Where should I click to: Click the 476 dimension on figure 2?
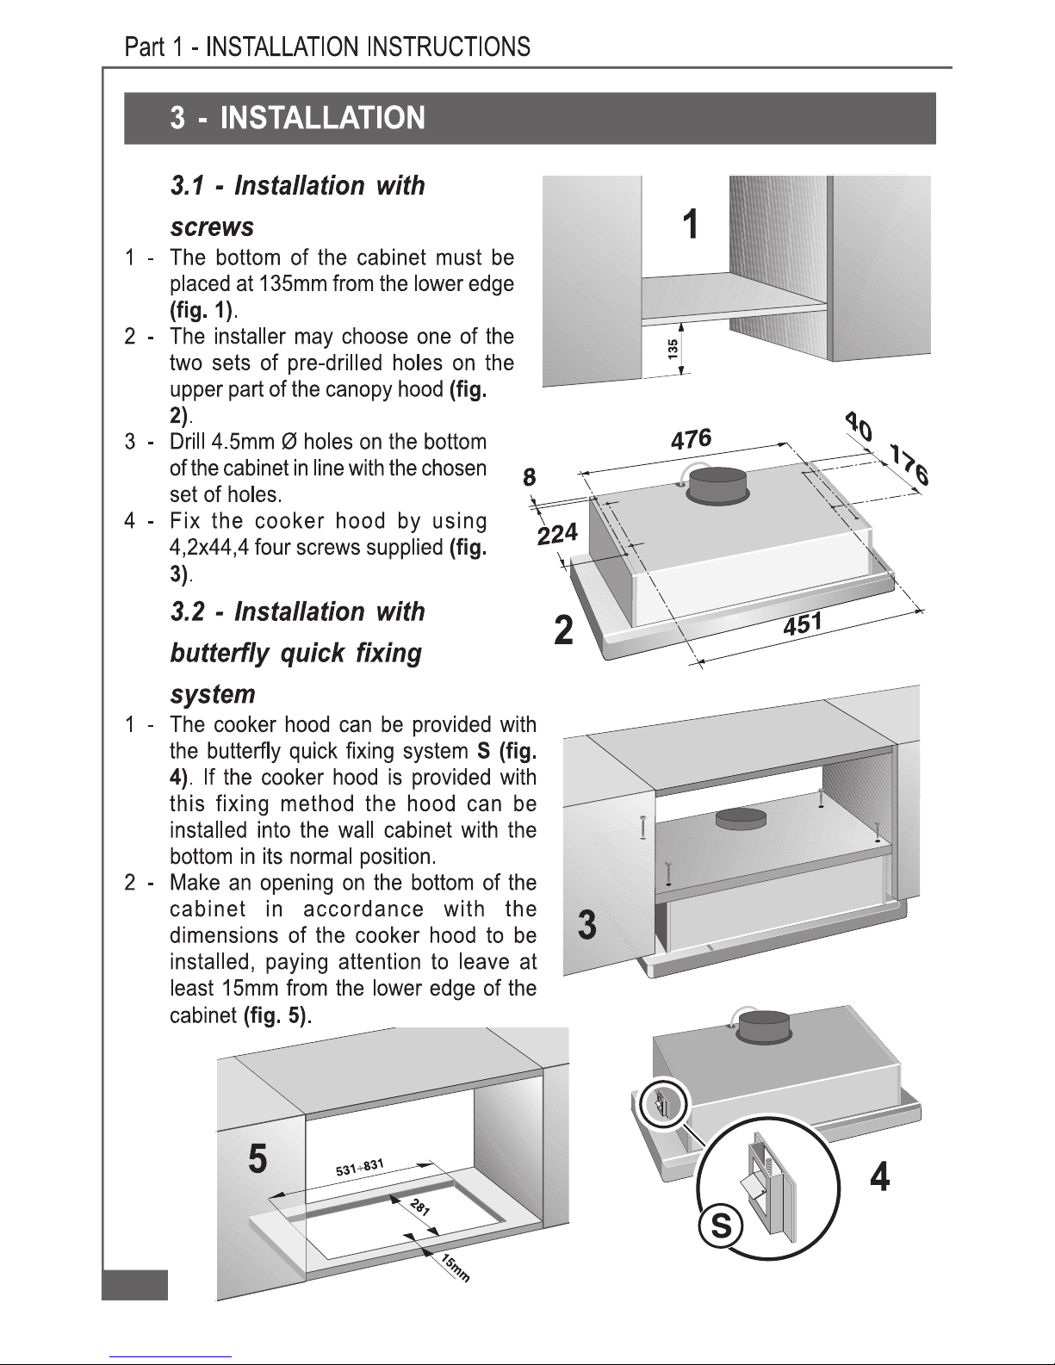pos(691,438)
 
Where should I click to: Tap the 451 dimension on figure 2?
pos(803,624)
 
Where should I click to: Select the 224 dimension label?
pos(558,534)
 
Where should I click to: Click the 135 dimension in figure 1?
pos(673,350)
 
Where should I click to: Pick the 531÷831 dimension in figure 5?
pos(359,1167)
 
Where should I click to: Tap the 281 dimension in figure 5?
pos(420,1206)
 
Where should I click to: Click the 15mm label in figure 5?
pos(455,1268)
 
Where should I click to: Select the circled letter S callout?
pos(720,1225)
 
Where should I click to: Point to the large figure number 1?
pos(691,224)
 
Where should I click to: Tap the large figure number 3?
pos(586,925)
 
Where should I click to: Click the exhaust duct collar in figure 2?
pos(718,484)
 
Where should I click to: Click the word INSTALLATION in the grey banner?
pos(323,117)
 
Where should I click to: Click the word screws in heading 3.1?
pos(212,226)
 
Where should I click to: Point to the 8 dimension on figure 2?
pos(530,477)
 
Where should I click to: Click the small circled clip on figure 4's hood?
pos(664,1103)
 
